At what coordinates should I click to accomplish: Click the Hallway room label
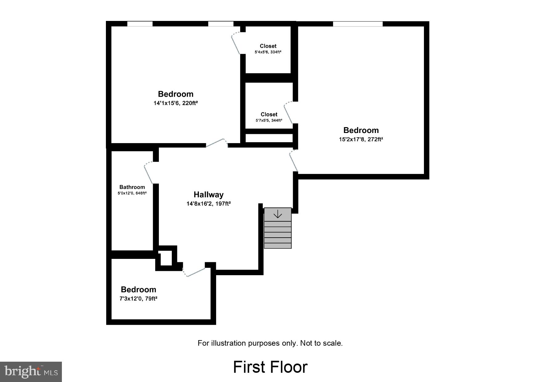(x=208, y=195)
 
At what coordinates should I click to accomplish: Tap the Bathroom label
(x=132, y=187)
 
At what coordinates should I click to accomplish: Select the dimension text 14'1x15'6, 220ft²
(x=175, y=103)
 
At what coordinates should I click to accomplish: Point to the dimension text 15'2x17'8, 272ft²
(x=361, y=139)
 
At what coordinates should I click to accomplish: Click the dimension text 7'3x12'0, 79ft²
(x=138, y=299)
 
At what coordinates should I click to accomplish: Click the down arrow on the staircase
(x=278, y=214)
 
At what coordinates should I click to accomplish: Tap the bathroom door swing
(x=149, y=173)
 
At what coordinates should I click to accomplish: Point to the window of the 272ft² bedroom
(x=357, y=24)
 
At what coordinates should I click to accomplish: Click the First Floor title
(x=270, y=367)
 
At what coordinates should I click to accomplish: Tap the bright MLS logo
(x=31, y=372)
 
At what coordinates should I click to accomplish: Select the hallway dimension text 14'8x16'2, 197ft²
(x=208, y=203)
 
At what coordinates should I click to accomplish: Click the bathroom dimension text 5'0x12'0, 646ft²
(x=132, y=193)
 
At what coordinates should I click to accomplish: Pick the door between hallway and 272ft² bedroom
(x=294, y=161)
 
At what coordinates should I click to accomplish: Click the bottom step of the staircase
(x=278, y=246)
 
